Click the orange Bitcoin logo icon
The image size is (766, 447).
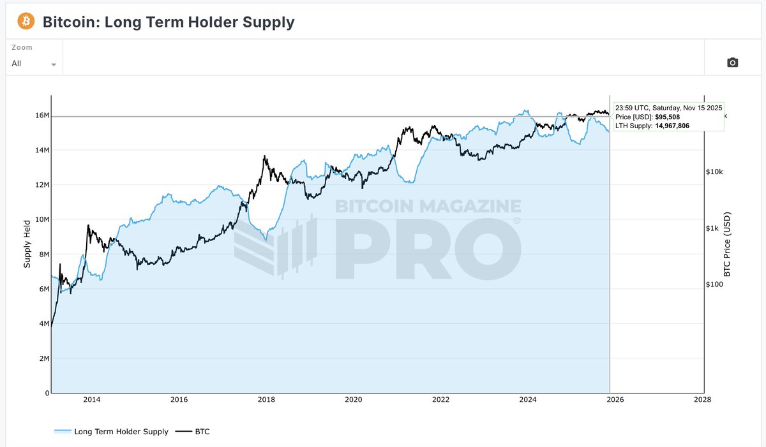click(26, 22)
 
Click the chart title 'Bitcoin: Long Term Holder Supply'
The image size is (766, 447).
click(169, 22)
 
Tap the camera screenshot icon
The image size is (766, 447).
click(733, 62)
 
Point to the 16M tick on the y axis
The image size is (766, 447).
click(41, 116)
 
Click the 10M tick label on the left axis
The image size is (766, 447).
click(41, 220)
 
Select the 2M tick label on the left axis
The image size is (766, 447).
click(43, 359)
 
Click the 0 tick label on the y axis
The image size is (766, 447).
click(47, 393)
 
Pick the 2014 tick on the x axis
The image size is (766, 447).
click(92, 400)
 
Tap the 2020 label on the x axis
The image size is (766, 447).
click(353, 400)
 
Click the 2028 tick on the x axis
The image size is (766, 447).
click(702, 400)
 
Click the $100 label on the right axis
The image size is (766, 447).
click(717, 284)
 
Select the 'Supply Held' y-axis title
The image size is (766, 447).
click(27, 244)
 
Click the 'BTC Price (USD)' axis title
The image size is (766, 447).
click(726, 244)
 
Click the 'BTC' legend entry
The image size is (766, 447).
click(202, 432)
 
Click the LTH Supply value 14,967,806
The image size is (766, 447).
click(672, 126)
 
